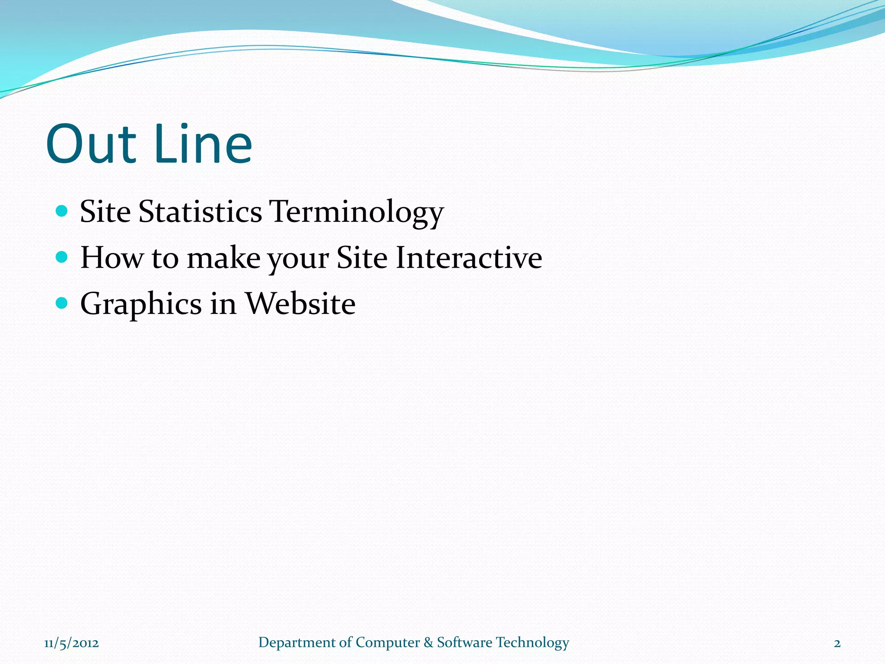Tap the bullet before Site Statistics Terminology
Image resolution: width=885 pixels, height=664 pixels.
[62, 211]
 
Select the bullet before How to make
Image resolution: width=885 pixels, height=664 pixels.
[62, 257]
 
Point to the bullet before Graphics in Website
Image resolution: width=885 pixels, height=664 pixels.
[62, 303]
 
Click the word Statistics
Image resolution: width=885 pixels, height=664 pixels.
[200, 212]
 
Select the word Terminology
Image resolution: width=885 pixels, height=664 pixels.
[356, 213]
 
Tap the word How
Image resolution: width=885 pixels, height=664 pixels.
[111, 258]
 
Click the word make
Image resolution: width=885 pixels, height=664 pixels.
[223, 258]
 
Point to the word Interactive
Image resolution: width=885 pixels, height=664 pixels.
[469, 258]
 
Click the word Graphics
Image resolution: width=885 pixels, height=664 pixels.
[141, 304]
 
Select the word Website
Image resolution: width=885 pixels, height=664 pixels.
[300, 303]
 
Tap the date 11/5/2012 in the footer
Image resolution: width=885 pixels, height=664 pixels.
[71, 643]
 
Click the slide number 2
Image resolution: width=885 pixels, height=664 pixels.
[837, 643]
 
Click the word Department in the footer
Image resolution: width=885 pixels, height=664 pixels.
[296, 643]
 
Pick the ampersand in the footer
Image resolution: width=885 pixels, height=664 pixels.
[428, 642]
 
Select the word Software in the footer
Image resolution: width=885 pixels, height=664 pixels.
[465, 642]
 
